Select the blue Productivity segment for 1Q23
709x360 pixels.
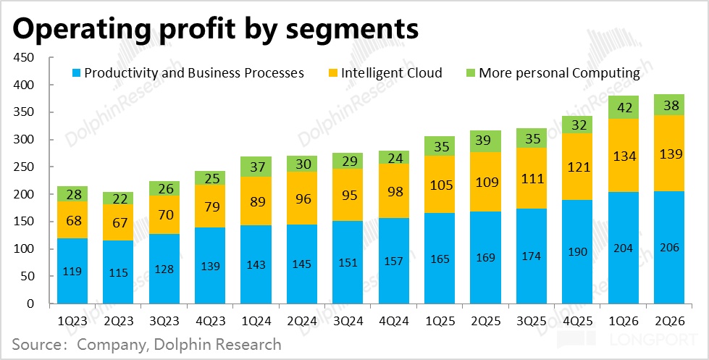coord(72,271)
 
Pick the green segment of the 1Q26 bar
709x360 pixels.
coord(624,107)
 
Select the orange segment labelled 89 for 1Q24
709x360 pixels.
coord(256,197)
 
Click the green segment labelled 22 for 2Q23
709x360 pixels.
coord(118,198)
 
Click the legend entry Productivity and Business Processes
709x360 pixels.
coord(188,72)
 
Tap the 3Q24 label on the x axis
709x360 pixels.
coord(348,319)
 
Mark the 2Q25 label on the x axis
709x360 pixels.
coord(486,319)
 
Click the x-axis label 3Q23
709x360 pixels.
coord(164,319)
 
